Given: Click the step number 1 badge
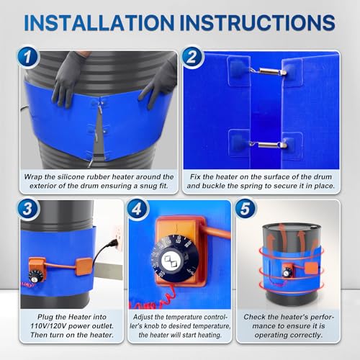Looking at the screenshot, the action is [28, 58].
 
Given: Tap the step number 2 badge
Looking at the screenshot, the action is [192, 58].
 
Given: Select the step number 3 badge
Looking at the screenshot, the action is [28, 209].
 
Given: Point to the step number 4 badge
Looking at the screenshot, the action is [138, 209].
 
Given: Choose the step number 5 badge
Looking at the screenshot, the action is [246, 209].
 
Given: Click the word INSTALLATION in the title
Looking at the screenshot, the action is [99, 23].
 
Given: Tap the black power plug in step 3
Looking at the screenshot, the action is [112, 244].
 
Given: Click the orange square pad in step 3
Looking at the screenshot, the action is [84, 266].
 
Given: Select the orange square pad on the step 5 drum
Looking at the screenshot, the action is [312, 268].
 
